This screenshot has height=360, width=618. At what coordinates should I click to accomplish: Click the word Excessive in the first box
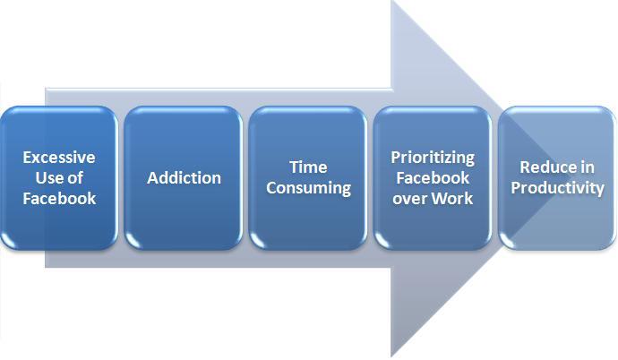[59, 158]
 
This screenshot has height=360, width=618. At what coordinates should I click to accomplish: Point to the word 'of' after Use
[76, 178]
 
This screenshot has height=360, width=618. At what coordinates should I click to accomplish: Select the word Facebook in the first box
[59, 198]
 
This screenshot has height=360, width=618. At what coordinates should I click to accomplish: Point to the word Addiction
[184, 177]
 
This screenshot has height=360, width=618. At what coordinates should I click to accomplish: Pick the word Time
[308, 167]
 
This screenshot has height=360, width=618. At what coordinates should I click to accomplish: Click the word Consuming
[308, 188]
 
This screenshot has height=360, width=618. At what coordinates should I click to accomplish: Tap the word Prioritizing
[432, 158]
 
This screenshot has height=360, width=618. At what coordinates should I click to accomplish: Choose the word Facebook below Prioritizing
[432, 177]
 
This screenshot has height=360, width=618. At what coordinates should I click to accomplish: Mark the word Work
[453, 197]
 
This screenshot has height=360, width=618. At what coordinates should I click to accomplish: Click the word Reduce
[542, 168]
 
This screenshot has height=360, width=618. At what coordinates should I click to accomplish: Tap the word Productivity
[557, 188]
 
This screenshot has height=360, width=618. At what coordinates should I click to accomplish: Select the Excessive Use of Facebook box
[59, 228]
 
